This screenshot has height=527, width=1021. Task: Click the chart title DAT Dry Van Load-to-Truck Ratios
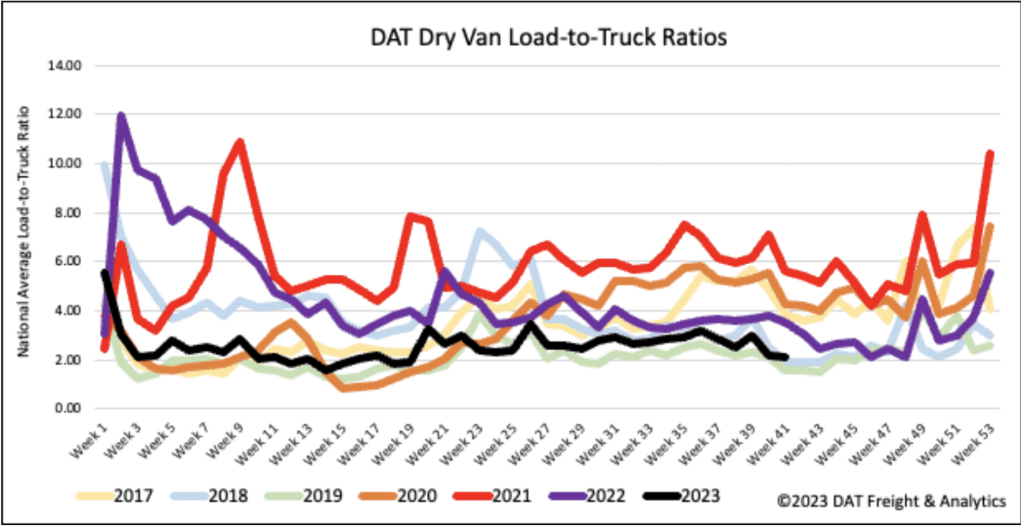pos(548,37)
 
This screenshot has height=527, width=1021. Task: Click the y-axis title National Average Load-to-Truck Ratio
pos(24,231)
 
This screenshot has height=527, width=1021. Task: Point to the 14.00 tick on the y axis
pos(65,66)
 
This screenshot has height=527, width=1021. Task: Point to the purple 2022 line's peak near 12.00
pos(121,116)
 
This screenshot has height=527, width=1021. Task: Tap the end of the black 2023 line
pos(786,357)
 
